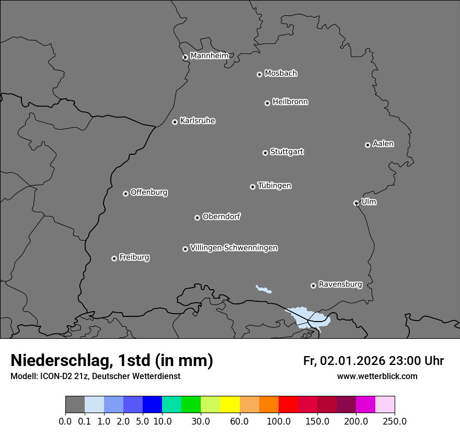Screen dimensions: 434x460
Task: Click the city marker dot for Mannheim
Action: click(185, 58)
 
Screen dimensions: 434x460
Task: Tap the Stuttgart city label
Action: click(286, 152)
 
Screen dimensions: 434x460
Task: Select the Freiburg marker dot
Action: click(114, 258)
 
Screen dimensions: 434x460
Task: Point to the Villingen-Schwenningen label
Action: click(234, 248)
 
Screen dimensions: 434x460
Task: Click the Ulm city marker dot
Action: click(356, 203)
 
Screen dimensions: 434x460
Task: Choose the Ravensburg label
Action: click(340, 284)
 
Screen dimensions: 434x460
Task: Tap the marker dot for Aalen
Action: click(367, 145)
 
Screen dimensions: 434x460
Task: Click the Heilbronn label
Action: click(290, 102)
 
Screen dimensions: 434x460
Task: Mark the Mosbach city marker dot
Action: click(259, 74)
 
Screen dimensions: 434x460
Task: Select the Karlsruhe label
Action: click(198, 121)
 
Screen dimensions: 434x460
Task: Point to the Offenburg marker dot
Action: click(125, 193)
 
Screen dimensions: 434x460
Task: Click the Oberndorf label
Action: click(221, 216)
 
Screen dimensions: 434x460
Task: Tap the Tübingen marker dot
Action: click(252, 187)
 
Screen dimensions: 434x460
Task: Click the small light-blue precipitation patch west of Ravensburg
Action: click(264, 289)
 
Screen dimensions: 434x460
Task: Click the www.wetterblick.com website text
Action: click(377, 376)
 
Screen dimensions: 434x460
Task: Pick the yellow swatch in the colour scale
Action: click(230, 405)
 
